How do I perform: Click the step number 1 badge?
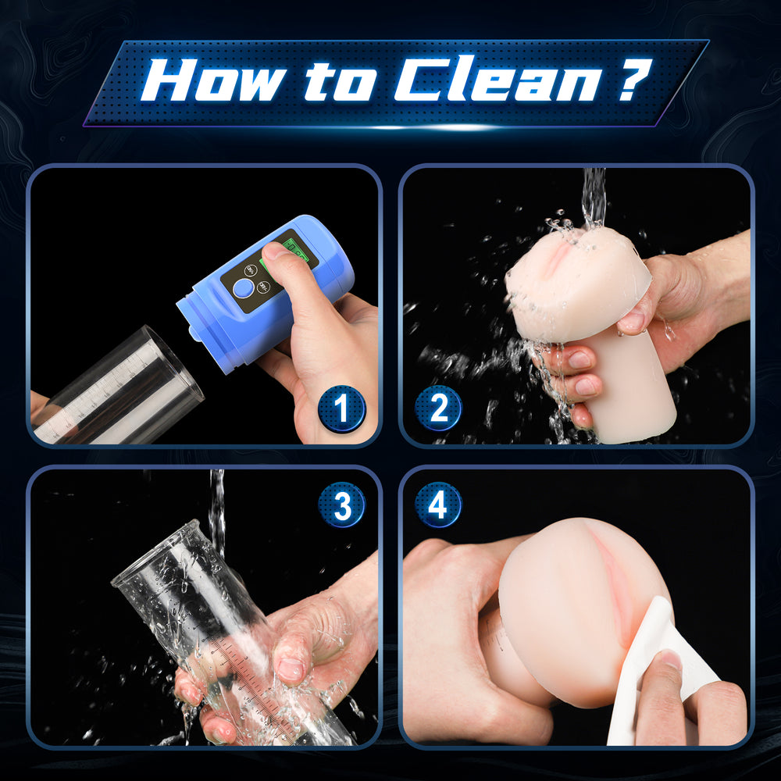point(341,408)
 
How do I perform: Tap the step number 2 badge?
point(437,408)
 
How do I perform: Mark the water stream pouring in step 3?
point(216,508)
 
